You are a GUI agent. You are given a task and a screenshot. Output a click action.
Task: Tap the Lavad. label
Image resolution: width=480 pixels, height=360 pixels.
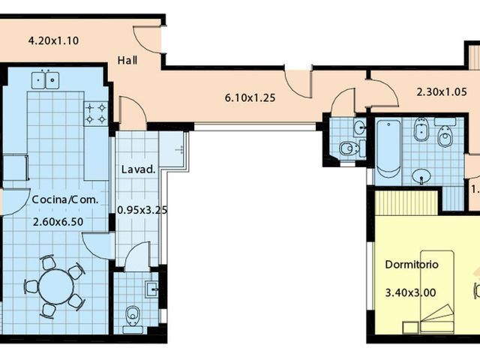138,169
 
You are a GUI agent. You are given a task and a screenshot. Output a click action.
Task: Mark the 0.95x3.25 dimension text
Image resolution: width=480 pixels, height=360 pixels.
142,210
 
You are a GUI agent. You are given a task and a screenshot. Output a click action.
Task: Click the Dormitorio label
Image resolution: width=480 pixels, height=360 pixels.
412,265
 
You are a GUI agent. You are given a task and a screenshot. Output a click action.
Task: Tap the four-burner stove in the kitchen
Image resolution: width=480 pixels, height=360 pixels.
97,113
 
